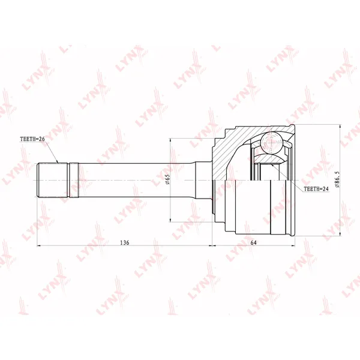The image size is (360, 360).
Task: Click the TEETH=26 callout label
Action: [32, 139]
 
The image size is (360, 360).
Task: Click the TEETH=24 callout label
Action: [316, 189]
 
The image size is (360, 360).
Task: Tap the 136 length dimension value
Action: [125, 242]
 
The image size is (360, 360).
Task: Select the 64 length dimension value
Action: [253, 242]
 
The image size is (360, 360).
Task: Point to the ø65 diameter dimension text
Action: [167, 179]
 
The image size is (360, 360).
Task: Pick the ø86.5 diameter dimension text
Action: [337, 179]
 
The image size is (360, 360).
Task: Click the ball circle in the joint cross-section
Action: [271, 142]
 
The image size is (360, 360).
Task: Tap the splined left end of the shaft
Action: [53, 180]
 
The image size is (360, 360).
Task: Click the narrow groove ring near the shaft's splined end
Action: [68, 180]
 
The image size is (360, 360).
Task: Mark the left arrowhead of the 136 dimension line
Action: [37, 245]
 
